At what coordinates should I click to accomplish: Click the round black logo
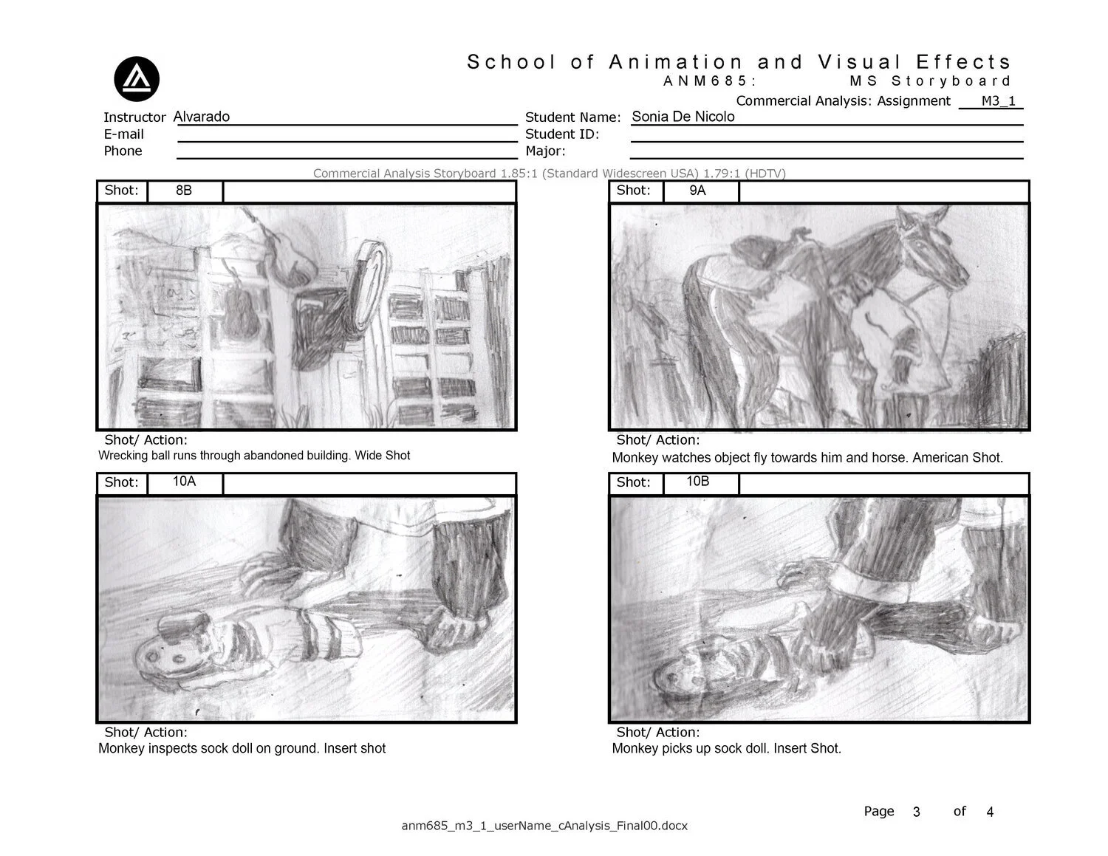pos(137,79)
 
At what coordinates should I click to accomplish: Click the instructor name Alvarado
pos(201,117)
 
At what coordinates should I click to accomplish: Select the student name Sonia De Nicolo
pos(683,117)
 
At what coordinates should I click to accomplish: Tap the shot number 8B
pos(184,191)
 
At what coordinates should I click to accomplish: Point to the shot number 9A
pos(697,191)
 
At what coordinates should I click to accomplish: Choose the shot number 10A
pos(184,482)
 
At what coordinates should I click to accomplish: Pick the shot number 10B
pos(697,482)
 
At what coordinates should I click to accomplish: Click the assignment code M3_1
pos(998,101)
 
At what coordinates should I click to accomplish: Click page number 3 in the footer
pos(916,812)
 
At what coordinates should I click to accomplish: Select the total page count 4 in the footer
pos(990,812)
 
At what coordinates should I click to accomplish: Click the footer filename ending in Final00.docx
pos(544,826)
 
